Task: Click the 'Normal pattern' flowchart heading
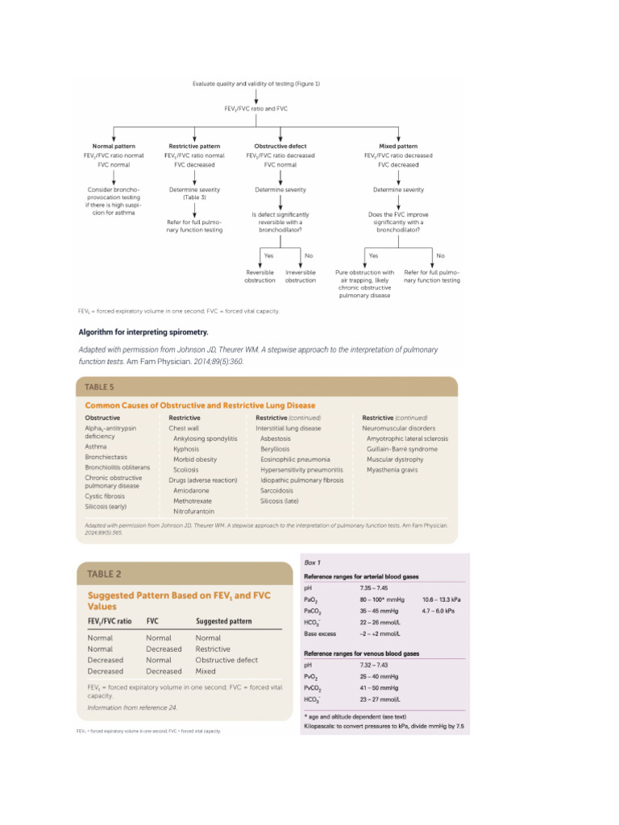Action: tap(114, 146)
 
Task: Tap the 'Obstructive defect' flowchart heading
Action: tap(280, 146)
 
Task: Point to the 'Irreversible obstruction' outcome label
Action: tap(301, 276)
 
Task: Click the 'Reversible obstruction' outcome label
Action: tap(260, 276)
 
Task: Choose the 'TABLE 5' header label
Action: tap(101, 387)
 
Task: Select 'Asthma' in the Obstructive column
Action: tap(96, 446)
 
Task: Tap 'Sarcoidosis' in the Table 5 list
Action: tap(276, 490)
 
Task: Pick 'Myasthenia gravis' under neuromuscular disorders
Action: tap(393, 469)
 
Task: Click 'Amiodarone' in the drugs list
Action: tap(191, 490)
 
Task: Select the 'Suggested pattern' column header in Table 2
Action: tap(224, 621)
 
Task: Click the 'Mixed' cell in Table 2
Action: tap(206, 671)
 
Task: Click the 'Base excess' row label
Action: tap(320, 634)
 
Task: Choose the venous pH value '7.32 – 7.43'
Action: tap(375, 665)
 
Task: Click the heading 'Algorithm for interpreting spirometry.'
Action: tap(143, 331)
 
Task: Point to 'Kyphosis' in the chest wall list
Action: tap(185, 449)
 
